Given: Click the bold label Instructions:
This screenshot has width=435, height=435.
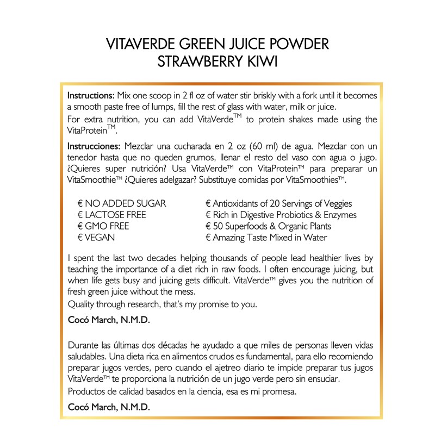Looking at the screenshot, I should click(x=90, y=95).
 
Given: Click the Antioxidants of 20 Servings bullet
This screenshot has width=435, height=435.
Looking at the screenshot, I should click(x=278, y=203).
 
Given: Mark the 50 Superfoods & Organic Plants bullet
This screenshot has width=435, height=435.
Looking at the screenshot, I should click(x=269, y=226).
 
